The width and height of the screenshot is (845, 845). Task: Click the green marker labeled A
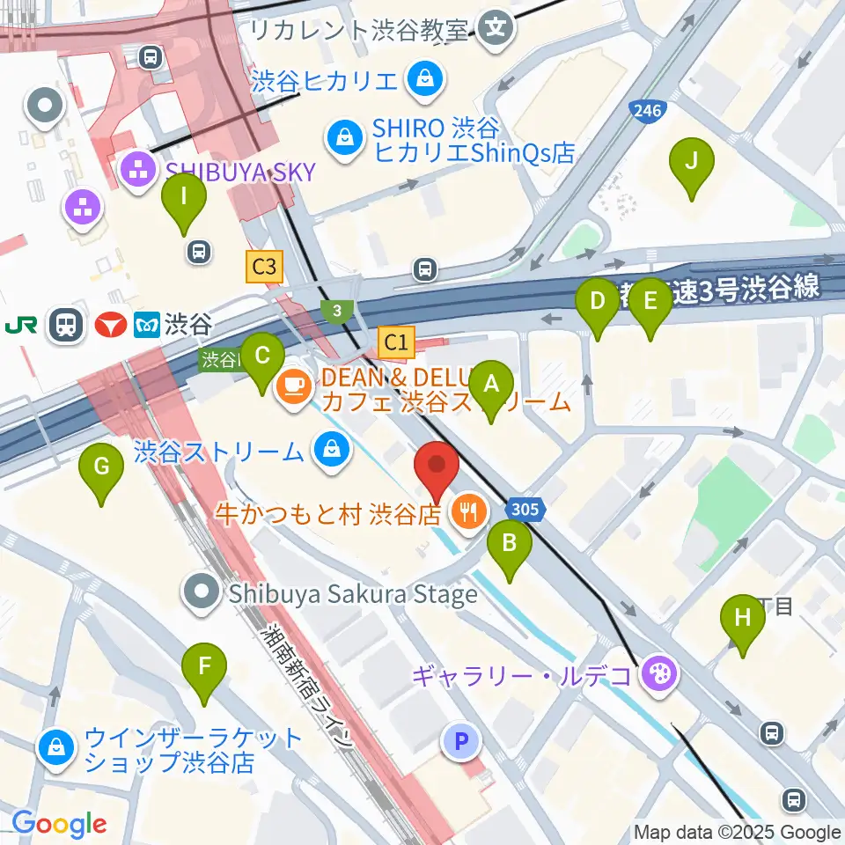491,385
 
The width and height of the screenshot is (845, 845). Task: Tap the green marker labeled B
510,543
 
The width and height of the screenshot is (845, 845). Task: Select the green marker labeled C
262,356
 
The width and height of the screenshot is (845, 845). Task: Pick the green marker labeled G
101,467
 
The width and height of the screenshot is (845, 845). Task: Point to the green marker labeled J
691,162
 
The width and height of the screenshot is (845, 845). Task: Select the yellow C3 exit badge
265,267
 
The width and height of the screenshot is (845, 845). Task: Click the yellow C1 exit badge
396,343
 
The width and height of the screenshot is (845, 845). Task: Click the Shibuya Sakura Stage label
352,594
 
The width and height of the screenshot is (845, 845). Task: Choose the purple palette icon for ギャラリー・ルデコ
658,675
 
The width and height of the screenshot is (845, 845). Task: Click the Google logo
59,825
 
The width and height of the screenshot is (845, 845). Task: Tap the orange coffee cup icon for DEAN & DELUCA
290,385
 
